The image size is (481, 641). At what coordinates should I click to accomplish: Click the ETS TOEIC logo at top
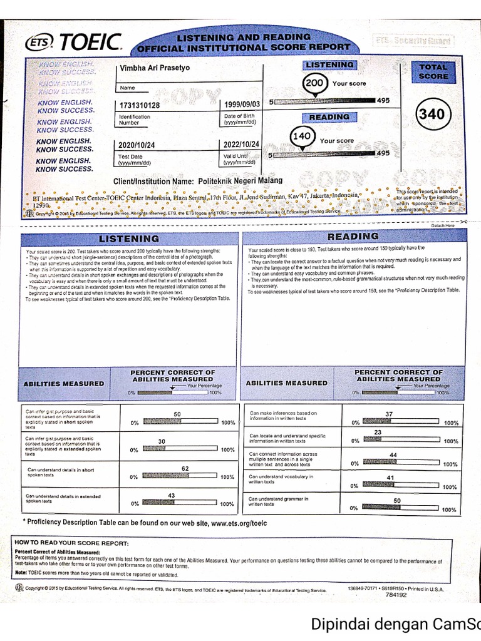pyautogui.click(x=74, y=42)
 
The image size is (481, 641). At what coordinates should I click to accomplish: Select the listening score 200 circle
pyautogui.click(x=315, y=83)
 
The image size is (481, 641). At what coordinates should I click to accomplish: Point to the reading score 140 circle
pyautogui.click(x=304, y=136)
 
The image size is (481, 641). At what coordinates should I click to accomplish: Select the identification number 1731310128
pyautogui.click(x=139, y=105)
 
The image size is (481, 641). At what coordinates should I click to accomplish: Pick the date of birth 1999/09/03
pyautogui.click(x=241, y=105)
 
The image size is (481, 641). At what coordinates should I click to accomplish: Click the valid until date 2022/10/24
pyautogui.click(x=241, y=145)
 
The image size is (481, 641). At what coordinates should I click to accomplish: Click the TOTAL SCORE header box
pyautogui.click(x=433, y=72)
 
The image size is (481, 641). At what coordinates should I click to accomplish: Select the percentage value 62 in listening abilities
pyautogui.click(x=185, y=469)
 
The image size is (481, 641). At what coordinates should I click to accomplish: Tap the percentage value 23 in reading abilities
pyautogui.click(x=378, y=433)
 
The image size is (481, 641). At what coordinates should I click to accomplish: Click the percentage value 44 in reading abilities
pyautogui.click(x=393, y=455)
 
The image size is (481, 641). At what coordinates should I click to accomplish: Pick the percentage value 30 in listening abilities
pyautogui.click(x=161, y=441)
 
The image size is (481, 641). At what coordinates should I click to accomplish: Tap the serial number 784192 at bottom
pyautogui.click(x=396, y=595)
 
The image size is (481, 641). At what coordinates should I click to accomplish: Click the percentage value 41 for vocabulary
pyautogui.click(x=390, y=478)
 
